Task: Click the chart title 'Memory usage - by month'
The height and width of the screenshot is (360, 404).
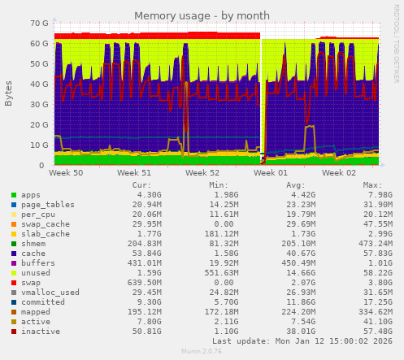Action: [202, 15]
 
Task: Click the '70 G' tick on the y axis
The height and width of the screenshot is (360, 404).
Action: [37, 24]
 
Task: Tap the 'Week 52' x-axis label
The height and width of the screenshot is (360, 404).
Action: [202, 173]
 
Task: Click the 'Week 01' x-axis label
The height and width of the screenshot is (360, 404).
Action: [271, 173]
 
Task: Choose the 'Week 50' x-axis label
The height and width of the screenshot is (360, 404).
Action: [66, 173]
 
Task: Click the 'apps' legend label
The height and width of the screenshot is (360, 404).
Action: [31, 195]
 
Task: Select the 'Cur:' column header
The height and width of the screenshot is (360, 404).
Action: [141, 185]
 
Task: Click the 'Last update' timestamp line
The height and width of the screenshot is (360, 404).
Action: [302, 340]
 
